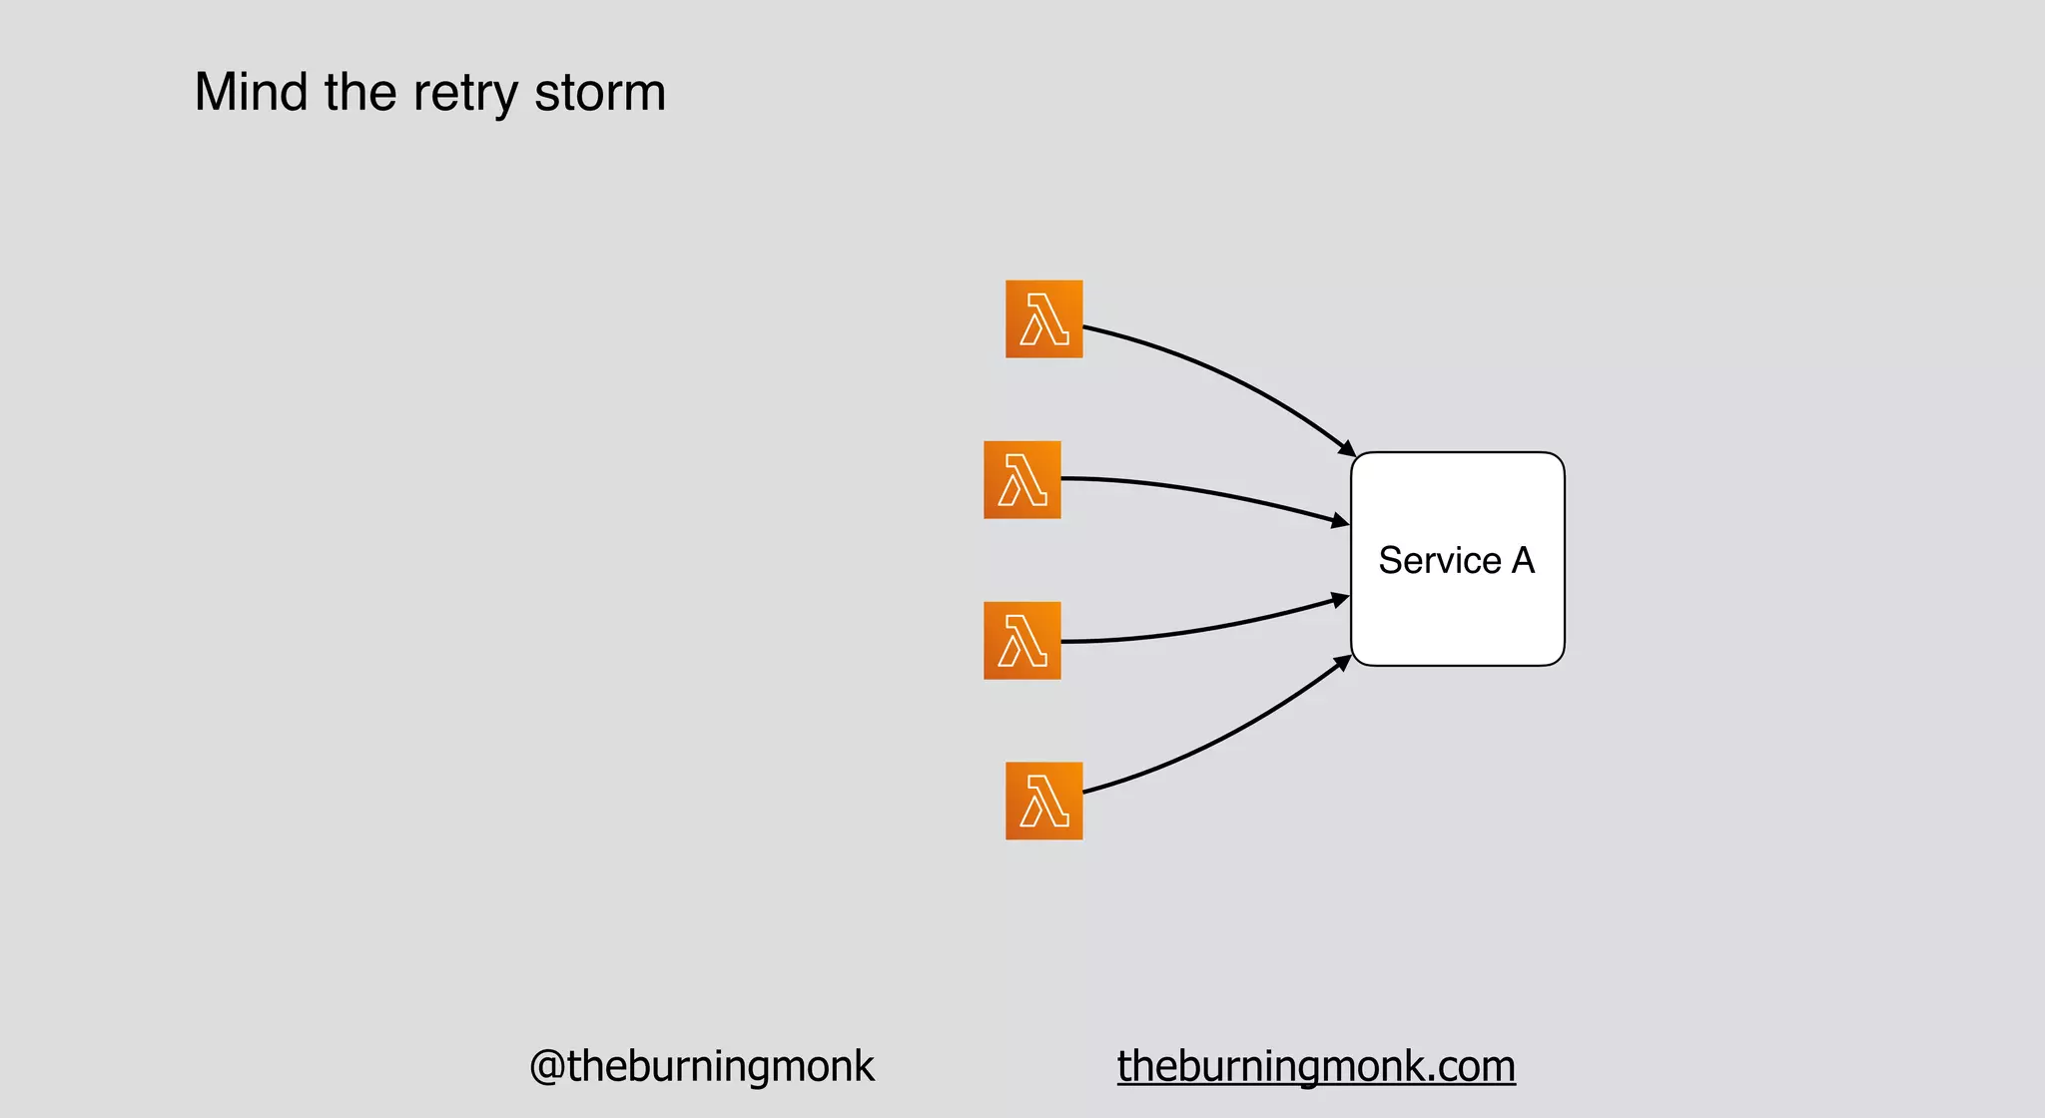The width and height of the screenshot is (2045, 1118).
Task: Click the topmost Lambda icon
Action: pos(1043,319)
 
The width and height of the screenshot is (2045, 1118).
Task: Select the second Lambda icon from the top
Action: pos(1022,480)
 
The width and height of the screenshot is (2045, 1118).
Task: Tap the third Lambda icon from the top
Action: pos(1022,641)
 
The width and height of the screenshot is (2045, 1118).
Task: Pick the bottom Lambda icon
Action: pos(1043,802)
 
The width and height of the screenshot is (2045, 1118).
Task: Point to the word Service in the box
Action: pos(1439,561)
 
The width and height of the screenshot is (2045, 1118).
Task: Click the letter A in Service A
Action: pos(1523,561)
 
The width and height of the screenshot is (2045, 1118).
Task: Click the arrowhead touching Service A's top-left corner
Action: pos(1347,449)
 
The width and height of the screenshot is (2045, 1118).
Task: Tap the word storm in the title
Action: pos(599,93)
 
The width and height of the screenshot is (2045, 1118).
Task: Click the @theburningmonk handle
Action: pos(701,1066)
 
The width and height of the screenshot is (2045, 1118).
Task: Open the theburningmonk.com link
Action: pos(1316,1066)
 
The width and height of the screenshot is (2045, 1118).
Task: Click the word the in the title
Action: pos(359,93)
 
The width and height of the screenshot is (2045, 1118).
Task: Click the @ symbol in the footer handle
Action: pos(547,1067)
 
